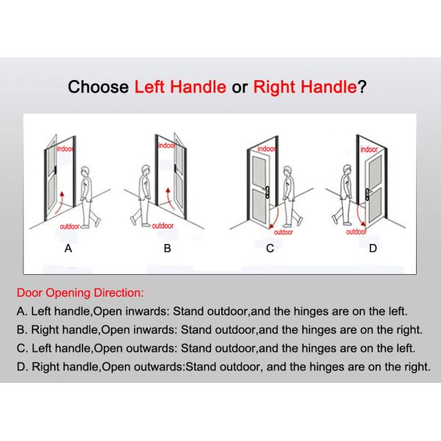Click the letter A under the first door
click(x=68, y=248)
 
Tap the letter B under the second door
click(x=168, y=248)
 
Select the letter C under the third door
click(x=270, y=248)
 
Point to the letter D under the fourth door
click(x=373, y=248)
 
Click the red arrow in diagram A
click(x=59, y=203)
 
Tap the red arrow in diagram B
click(x=171, y=199)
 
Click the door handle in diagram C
click(x=266, y=192)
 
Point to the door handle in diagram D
click(x=368, y=194)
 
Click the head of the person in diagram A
click(x=85, y=171)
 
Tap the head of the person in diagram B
click(x=146, y=171)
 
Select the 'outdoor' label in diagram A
click(x=70, y=226)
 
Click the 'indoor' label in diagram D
click(x=369, y=149)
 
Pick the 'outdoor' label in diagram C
click(x=283, y=232)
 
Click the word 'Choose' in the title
click(x=98, y=87)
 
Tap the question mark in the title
click(x=362, y=87)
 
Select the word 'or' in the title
click(x=240, y=87)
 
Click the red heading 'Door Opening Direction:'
click(x=80, y=293)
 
